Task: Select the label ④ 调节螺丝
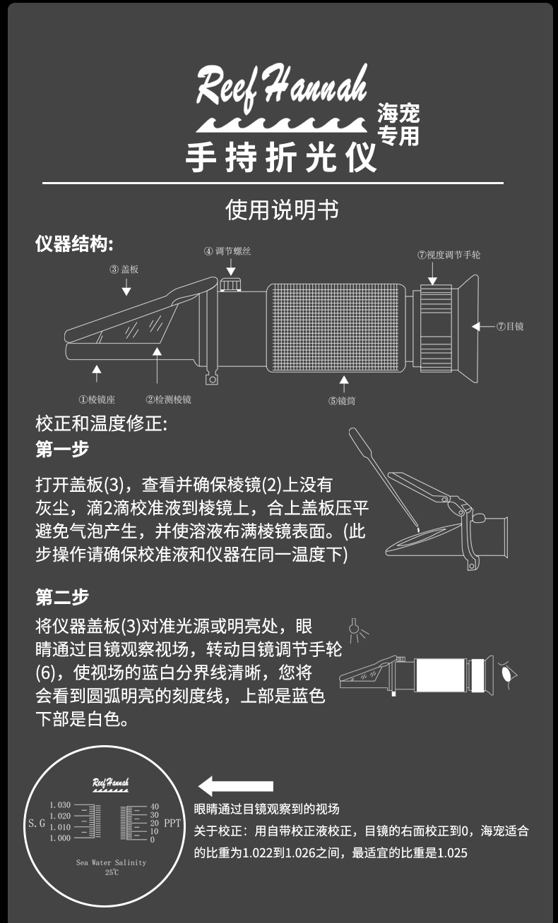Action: coord(227,251)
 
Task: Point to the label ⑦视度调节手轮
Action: coord(449,254)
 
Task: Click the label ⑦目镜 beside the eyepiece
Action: coord(510,326)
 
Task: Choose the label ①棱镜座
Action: coord(97,399)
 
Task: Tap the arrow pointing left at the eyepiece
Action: coord(483,326)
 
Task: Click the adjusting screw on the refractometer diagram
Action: coord(229,284)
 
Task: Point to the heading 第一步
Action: coord(62,449)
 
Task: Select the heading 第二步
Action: coord(62,597)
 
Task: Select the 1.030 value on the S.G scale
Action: coord(60,805)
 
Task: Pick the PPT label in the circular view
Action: coord(172,823)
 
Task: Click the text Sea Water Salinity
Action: coord(112,862)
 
